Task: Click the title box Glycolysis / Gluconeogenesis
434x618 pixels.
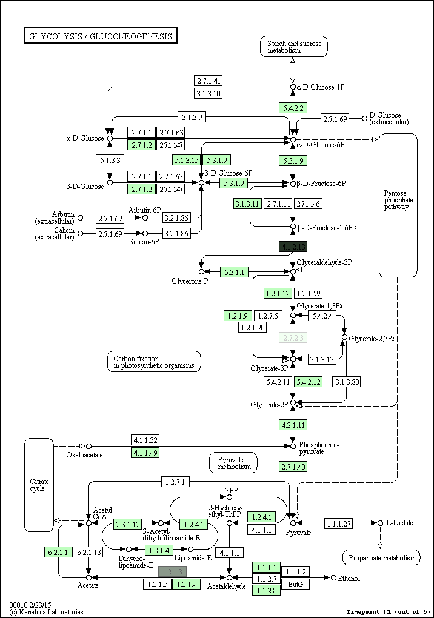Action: (100, 36)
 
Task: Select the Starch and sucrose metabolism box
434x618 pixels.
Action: (294, 47)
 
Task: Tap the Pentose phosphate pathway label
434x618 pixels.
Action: (398, 200)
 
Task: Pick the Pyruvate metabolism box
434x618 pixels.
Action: (233, 463)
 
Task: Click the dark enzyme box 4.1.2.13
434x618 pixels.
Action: (293, 247)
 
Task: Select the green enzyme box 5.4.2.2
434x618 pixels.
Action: (293, 108)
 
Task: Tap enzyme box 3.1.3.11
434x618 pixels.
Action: (247, 204)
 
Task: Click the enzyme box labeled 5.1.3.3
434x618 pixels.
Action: (109, 161)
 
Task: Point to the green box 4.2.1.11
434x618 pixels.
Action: (293, 424)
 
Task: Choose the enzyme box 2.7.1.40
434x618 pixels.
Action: (293, 467)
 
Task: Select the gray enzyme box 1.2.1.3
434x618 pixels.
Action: (172, 571)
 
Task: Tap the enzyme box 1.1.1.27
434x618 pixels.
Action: (339, 523)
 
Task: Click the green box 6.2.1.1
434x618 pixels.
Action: (58, 552)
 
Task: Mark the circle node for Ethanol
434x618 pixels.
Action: (333, 578)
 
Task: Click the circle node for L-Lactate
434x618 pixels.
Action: (380, 523)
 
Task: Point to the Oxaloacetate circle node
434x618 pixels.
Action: (88, 447)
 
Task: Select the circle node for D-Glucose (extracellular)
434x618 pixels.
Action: (364, 118)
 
